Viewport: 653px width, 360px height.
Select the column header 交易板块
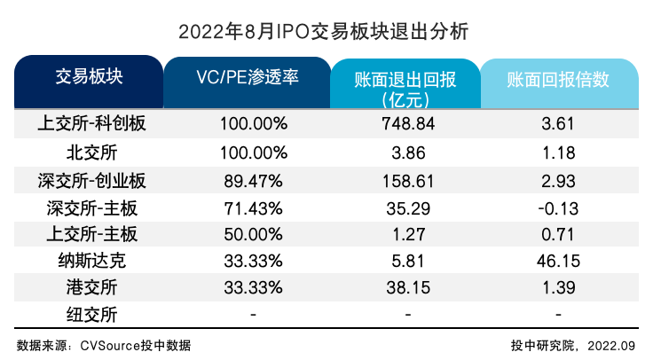pos(89,77)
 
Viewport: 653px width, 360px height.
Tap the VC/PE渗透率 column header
pos(248,77)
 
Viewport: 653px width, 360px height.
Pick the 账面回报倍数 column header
pos(559,79)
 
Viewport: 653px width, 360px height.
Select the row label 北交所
pos(89,152)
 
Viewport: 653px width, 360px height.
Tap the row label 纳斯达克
pos(89,261)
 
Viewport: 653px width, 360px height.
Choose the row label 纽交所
pos(89,314)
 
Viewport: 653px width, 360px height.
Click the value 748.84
pos(405,124)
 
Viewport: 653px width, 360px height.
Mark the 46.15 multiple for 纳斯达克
pos(559,261)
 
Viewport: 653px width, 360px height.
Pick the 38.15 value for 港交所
pos(405,287)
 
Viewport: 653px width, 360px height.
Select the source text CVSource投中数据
pos(141,345)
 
